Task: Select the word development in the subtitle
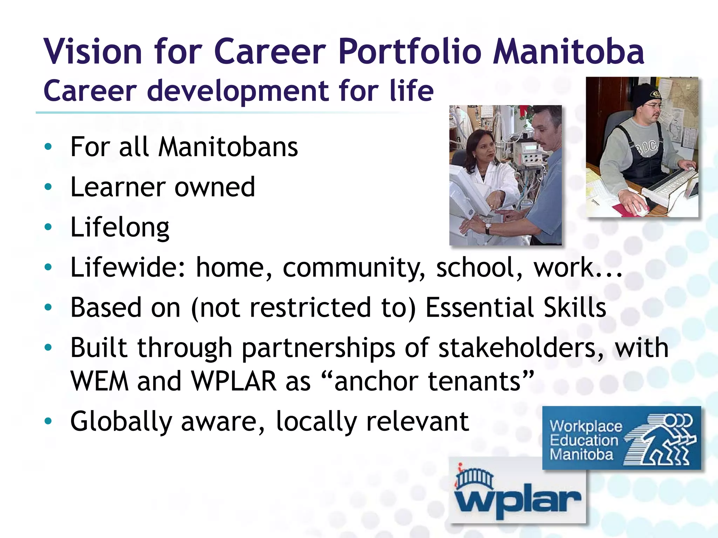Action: [238, 91]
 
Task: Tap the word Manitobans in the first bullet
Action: [228, 147]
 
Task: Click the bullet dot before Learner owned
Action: [48, 187]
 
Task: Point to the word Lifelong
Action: [120, 228]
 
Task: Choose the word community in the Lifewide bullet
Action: [354, 268]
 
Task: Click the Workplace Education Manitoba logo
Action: [621, 438]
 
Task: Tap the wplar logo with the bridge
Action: [517, 490]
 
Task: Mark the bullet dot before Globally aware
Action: [48, 421]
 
